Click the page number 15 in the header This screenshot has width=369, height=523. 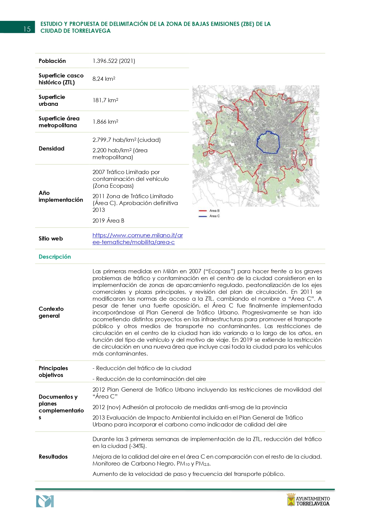point(27,29)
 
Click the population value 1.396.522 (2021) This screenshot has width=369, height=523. point(114,61)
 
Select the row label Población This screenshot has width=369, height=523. point(52,61)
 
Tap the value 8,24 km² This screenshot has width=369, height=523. point(104,79)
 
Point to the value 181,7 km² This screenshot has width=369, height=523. point(105,100)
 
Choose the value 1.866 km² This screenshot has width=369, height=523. point(105,122)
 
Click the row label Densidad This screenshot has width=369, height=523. point(51,148)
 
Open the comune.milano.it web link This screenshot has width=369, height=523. point(137,239)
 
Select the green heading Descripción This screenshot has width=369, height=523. point(55,257)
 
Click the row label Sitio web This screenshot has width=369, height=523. point(51,238)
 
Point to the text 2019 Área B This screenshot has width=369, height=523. point(108,221)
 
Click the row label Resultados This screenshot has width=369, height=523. point(53,457)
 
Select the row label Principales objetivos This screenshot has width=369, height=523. point(53,372)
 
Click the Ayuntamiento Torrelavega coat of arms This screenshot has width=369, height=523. point(291,500)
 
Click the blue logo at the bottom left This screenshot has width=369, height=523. point(45,501)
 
